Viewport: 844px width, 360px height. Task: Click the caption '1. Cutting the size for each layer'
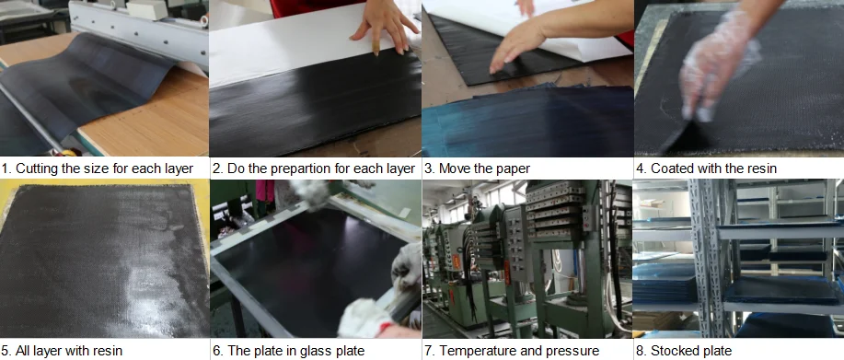(97, 168)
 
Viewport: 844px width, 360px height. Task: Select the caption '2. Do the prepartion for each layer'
(313, 168)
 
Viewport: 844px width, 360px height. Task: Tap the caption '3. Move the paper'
(477, 168)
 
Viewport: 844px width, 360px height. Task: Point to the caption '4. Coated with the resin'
(706, 168)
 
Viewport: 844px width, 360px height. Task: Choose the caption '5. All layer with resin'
(62, 351)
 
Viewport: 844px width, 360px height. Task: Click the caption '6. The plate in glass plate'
(288, 351)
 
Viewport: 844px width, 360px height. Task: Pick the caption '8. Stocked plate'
(690, 351)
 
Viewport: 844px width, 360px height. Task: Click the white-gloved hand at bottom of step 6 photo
(368, 313)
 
